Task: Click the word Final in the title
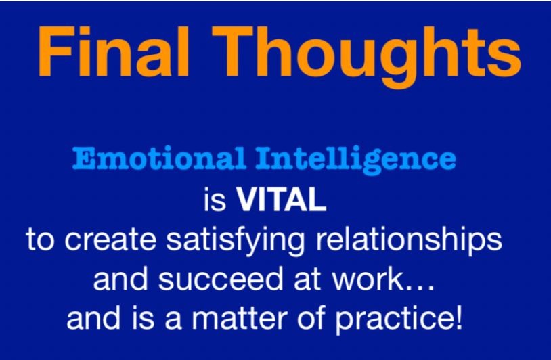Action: pyautogui.click(x=114, y=51)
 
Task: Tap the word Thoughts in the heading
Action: pyautogui.click(x=366, y=57)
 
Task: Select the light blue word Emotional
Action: pyautogui.click(x=159, y=159)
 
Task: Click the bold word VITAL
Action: pyautogui.click(x=281, y=199)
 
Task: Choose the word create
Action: pyautogui.click(x=110, y=240)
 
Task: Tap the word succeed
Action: pyautogui.click(x=221, y=279)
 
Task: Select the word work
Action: pyautogui.click(x=367, y=279)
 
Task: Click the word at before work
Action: pyautogui.click(x=307, y=280)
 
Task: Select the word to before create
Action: pyautogui.click(x=41, y=240)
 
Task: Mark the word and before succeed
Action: pyautogui.click(x=120, y=279)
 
